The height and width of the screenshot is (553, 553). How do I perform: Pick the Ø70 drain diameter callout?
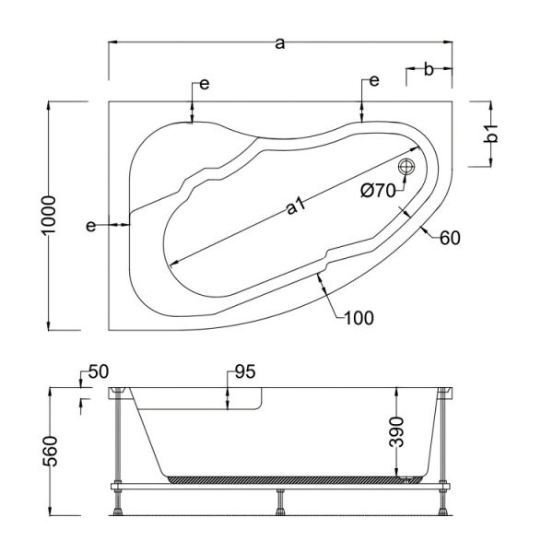click(x=377, y=191)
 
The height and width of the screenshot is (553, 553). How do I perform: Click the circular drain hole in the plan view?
click(x=406, y=167)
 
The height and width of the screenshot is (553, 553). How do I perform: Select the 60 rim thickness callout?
click(x=449, y=238)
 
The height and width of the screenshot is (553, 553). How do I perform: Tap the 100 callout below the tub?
click(x=359, y=319)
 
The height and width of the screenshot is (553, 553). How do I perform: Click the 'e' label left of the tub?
click(x=91, y=226)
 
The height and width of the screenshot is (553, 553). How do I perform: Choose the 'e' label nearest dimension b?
click(x=373, y=82)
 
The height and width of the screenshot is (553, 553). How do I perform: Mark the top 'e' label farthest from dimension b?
click(x=204, y=85)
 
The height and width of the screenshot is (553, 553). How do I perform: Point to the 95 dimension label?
click(x=243, y=372)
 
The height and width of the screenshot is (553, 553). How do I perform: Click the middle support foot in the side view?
click(x=279, y=501)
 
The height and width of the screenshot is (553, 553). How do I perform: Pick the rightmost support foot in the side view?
click(x=443, y=502)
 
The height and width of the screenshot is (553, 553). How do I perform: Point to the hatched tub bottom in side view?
click(x=286, y=478)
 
